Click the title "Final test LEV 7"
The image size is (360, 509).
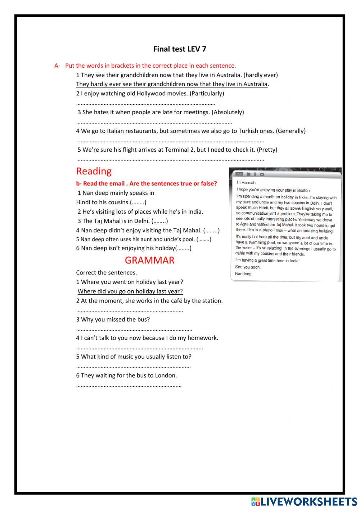(180, 49)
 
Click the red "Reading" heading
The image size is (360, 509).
(94, 171)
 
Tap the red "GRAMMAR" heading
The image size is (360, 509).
(149, 260)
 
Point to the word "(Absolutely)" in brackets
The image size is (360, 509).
(228, 112)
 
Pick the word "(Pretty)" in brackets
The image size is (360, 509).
(267, 149)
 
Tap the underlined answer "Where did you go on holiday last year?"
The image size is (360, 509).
(130, 291)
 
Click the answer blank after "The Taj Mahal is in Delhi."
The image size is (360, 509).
(159, 221)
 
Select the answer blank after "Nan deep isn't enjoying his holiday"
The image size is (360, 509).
(183, 248)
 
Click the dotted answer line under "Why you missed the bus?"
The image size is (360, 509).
(134, 329)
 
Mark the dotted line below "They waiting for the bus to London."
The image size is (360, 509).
(129, 385)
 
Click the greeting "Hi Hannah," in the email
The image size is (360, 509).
(246, 182)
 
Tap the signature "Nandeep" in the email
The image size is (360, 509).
(243, 274)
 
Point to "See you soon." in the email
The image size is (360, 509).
(248, 267)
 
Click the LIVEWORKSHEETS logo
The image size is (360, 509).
(304, 501)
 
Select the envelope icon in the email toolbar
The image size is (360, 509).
(262, 174)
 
